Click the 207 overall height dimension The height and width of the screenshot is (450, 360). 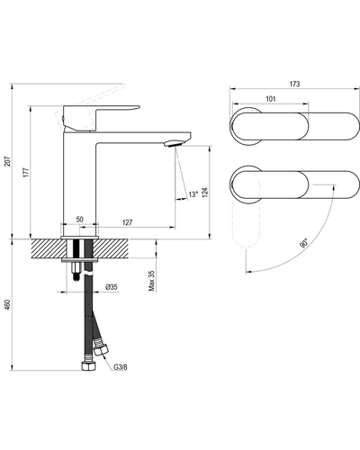(8, 161)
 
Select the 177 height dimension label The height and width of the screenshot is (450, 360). (26, 172)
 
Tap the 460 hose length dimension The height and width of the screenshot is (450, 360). (8, 305)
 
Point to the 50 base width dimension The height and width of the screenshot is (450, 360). (79, 220)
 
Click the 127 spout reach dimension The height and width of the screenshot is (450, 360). (128, 222)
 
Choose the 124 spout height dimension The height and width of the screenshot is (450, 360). (204, 193)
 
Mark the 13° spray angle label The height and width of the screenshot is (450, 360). (193, 194)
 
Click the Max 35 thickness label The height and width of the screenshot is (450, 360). (152, 281)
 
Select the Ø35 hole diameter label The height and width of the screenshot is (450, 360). (112, 287)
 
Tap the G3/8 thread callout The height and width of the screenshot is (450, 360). (121, 366)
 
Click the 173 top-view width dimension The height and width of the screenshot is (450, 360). (294, 84)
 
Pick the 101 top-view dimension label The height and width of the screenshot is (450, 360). (271, 99)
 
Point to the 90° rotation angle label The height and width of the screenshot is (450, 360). (304, 243)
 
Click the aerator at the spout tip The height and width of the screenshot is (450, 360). (173, 143)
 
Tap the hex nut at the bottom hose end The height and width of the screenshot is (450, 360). (89, 365)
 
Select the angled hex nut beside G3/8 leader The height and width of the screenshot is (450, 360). (101, 349)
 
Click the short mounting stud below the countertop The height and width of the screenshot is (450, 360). (76, 271)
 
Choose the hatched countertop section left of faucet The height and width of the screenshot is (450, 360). (48, 248)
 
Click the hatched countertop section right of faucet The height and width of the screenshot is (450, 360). (111, 248)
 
